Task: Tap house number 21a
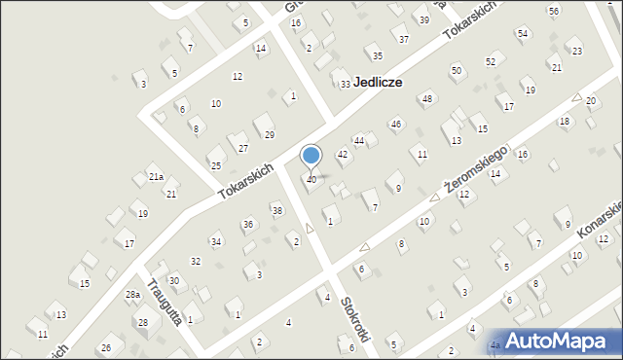pyautogui.click(x=156, y=177)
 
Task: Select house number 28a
pyautogui.click(x=133, y=295)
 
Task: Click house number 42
pyautogui.click(x=343, y=155)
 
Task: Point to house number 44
pyautogui.click(x=359, y=142)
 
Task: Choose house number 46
pyautogui.click(x=396, y=125)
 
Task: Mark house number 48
pyautogui.click(x=426, y=99)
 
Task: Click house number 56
pyautogui.click(x=554, y=11)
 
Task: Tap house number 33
pyautogui.click(x=345, y=85)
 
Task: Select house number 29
pyautogui.click(x=270, y=134)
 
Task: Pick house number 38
pyautogui.click(x=277, y=211)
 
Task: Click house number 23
pyautogui.click(x=577, y=51)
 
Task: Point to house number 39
pyautogui.click(x=423, y=20)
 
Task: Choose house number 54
pyautogui.click(x=523, y=34)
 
